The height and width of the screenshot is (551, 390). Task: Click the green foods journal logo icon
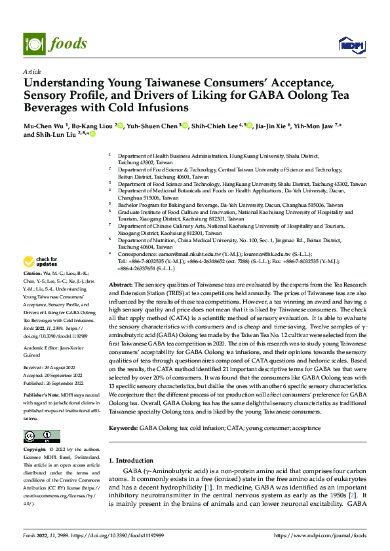pos(33,43)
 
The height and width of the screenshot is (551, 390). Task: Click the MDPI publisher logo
pos(349,44)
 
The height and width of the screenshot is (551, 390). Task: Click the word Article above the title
pos(32,71)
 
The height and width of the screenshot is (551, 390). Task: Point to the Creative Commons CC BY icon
pos(41,436)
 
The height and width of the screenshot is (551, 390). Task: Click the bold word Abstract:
pos(121,285)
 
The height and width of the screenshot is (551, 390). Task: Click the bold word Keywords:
pos(123,427)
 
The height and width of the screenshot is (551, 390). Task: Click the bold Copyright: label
pos(35,450)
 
